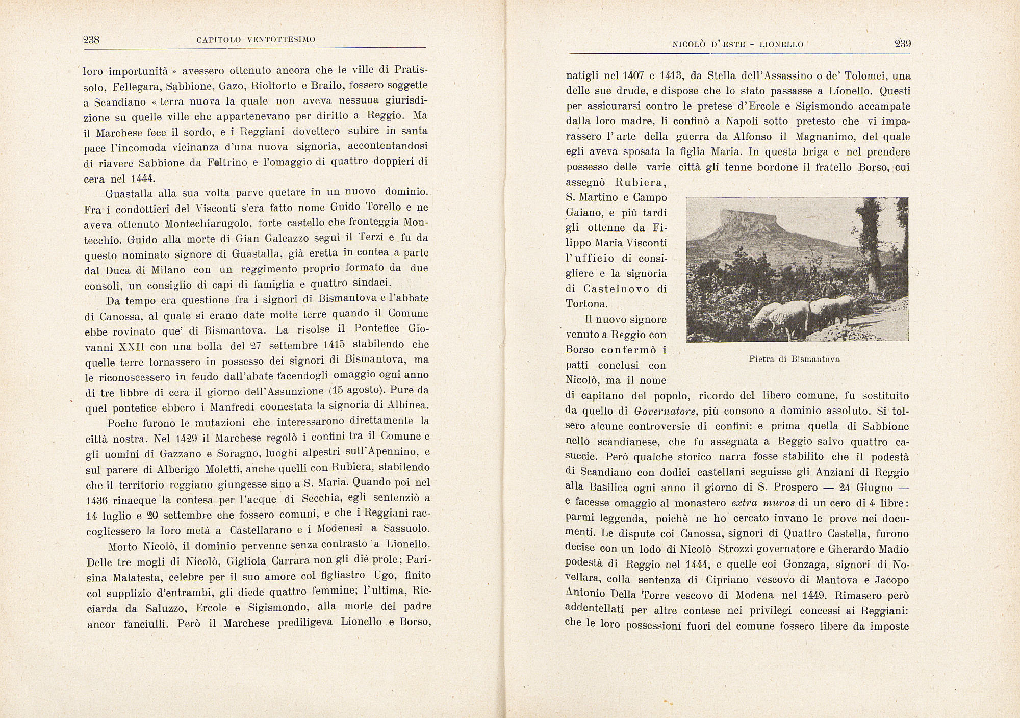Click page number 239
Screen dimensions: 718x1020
click(903, 44)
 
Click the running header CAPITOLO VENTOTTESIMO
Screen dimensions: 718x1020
click(256, 40)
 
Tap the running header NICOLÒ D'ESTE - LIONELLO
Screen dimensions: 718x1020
click(738, 44)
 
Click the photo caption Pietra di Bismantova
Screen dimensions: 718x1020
click(794, 359)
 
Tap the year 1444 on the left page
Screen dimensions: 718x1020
click(144, 179)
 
